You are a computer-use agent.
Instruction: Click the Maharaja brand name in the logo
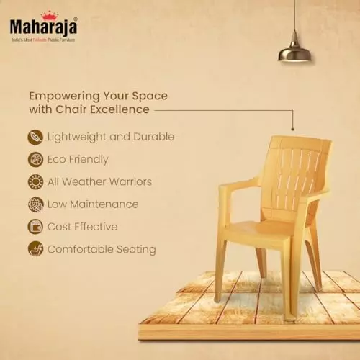pos(42,27)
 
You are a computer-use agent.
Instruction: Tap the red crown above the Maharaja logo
pos(50,14)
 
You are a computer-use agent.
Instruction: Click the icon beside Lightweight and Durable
pos(35,137)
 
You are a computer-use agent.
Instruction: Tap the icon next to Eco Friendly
pos(35,159)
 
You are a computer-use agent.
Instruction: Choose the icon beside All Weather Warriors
pos(35,181)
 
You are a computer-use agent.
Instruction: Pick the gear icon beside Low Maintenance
pos(35,204)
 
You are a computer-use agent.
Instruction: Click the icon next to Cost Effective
pos(35,227)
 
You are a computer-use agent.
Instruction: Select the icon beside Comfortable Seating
pos(35,249)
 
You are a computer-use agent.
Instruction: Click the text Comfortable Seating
pos(101,249)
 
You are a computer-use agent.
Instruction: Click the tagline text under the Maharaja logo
pos(42,40)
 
